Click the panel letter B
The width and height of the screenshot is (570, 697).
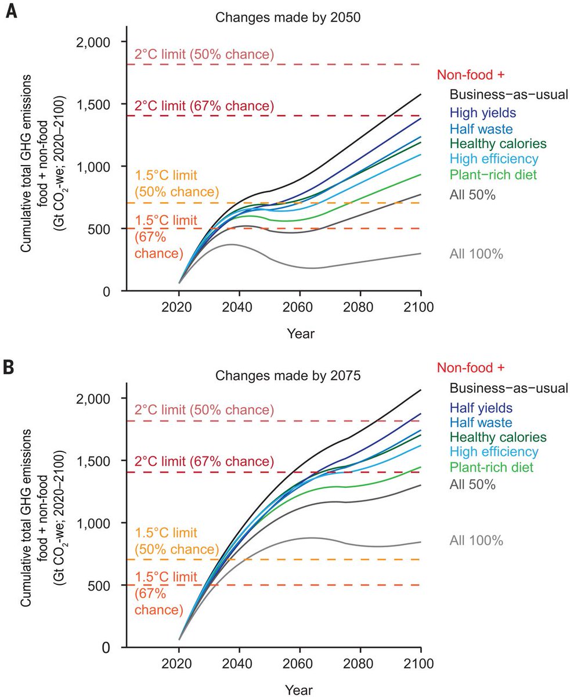[x=10, y=368]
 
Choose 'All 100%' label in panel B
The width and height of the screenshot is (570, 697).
[x=475, y=541]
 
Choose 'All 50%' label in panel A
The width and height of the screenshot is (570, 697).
[x=472, y=195]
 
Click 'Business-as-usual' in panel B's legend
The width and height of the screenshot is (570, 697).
[x=508, y=387]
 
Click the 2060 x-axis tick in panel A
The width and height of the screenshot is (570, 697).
[x=300, y=307]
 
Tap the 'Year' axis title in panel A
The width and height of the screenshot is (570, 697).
[x=300, y=333]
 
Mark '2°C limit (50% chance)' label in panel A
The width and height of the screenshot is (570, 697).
[x=204, y=55]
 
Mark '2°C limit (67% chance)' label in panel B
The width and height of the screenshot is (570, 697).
[x=204, y=462]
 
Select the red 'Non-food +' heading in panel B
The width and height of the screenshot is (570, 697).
[x=471, y=368]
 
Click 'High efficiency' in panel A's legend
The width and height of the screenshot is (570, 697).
[x=493, y=159]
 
